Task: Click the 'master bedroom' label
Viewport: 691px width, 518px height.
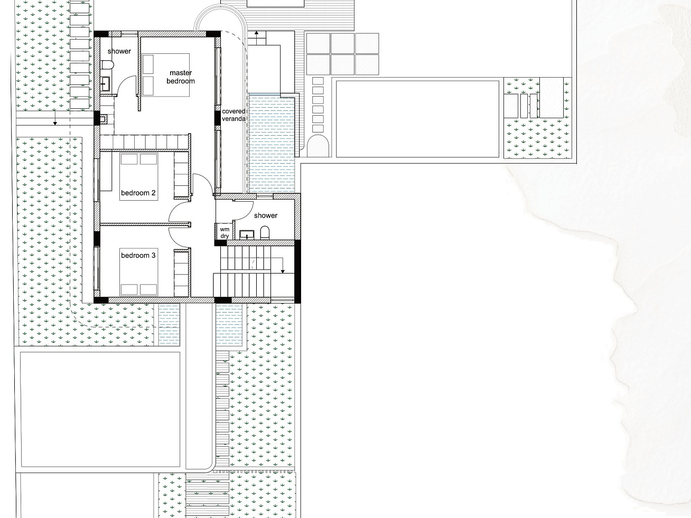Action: coord(181,77)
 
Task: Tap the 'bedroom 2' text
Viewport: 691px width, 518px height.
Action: coord(138,193)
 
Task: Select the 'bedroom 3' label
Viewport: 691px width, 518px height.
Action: coord(138,256)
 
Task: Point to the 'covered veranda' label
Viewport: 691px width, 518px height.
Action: coord(234,115)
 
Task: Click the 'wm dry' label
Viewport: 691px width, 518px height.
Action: coord(225,233)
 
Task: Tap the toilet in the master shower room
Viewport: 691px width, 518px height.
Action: coord(107,65)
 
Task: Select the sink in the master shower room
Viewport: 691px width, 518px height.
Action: coord(106,84)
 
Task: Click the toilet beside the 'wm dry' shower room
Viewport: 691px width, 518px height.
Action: coord(265,233)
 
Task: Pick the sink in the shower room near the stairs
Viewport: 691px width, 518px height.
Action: coord(247,234)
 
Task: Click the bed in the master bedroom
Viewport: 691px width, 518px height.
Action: coord(165,75)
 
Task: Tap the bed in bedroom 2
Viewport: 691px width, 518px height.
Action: coord(139,176)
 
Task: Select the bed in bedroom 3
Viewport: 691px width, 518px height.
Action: coord(139,272)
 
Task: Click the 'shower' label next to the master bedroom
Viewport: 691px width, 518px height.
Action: coord(119,51)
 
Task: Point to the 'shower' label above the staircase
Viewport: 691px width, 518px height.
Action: coord(266,215)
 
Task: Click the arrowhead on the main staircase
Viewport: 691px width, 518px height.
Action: coord(283,271)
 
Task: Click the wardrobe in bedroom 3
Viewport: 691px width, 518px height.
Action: coord(181,273)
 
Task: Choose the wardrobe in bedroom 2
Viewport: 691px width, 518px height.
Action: coord(181,175)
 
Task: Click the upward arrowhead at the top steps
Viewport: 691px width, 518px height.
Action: coord(257,33)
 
